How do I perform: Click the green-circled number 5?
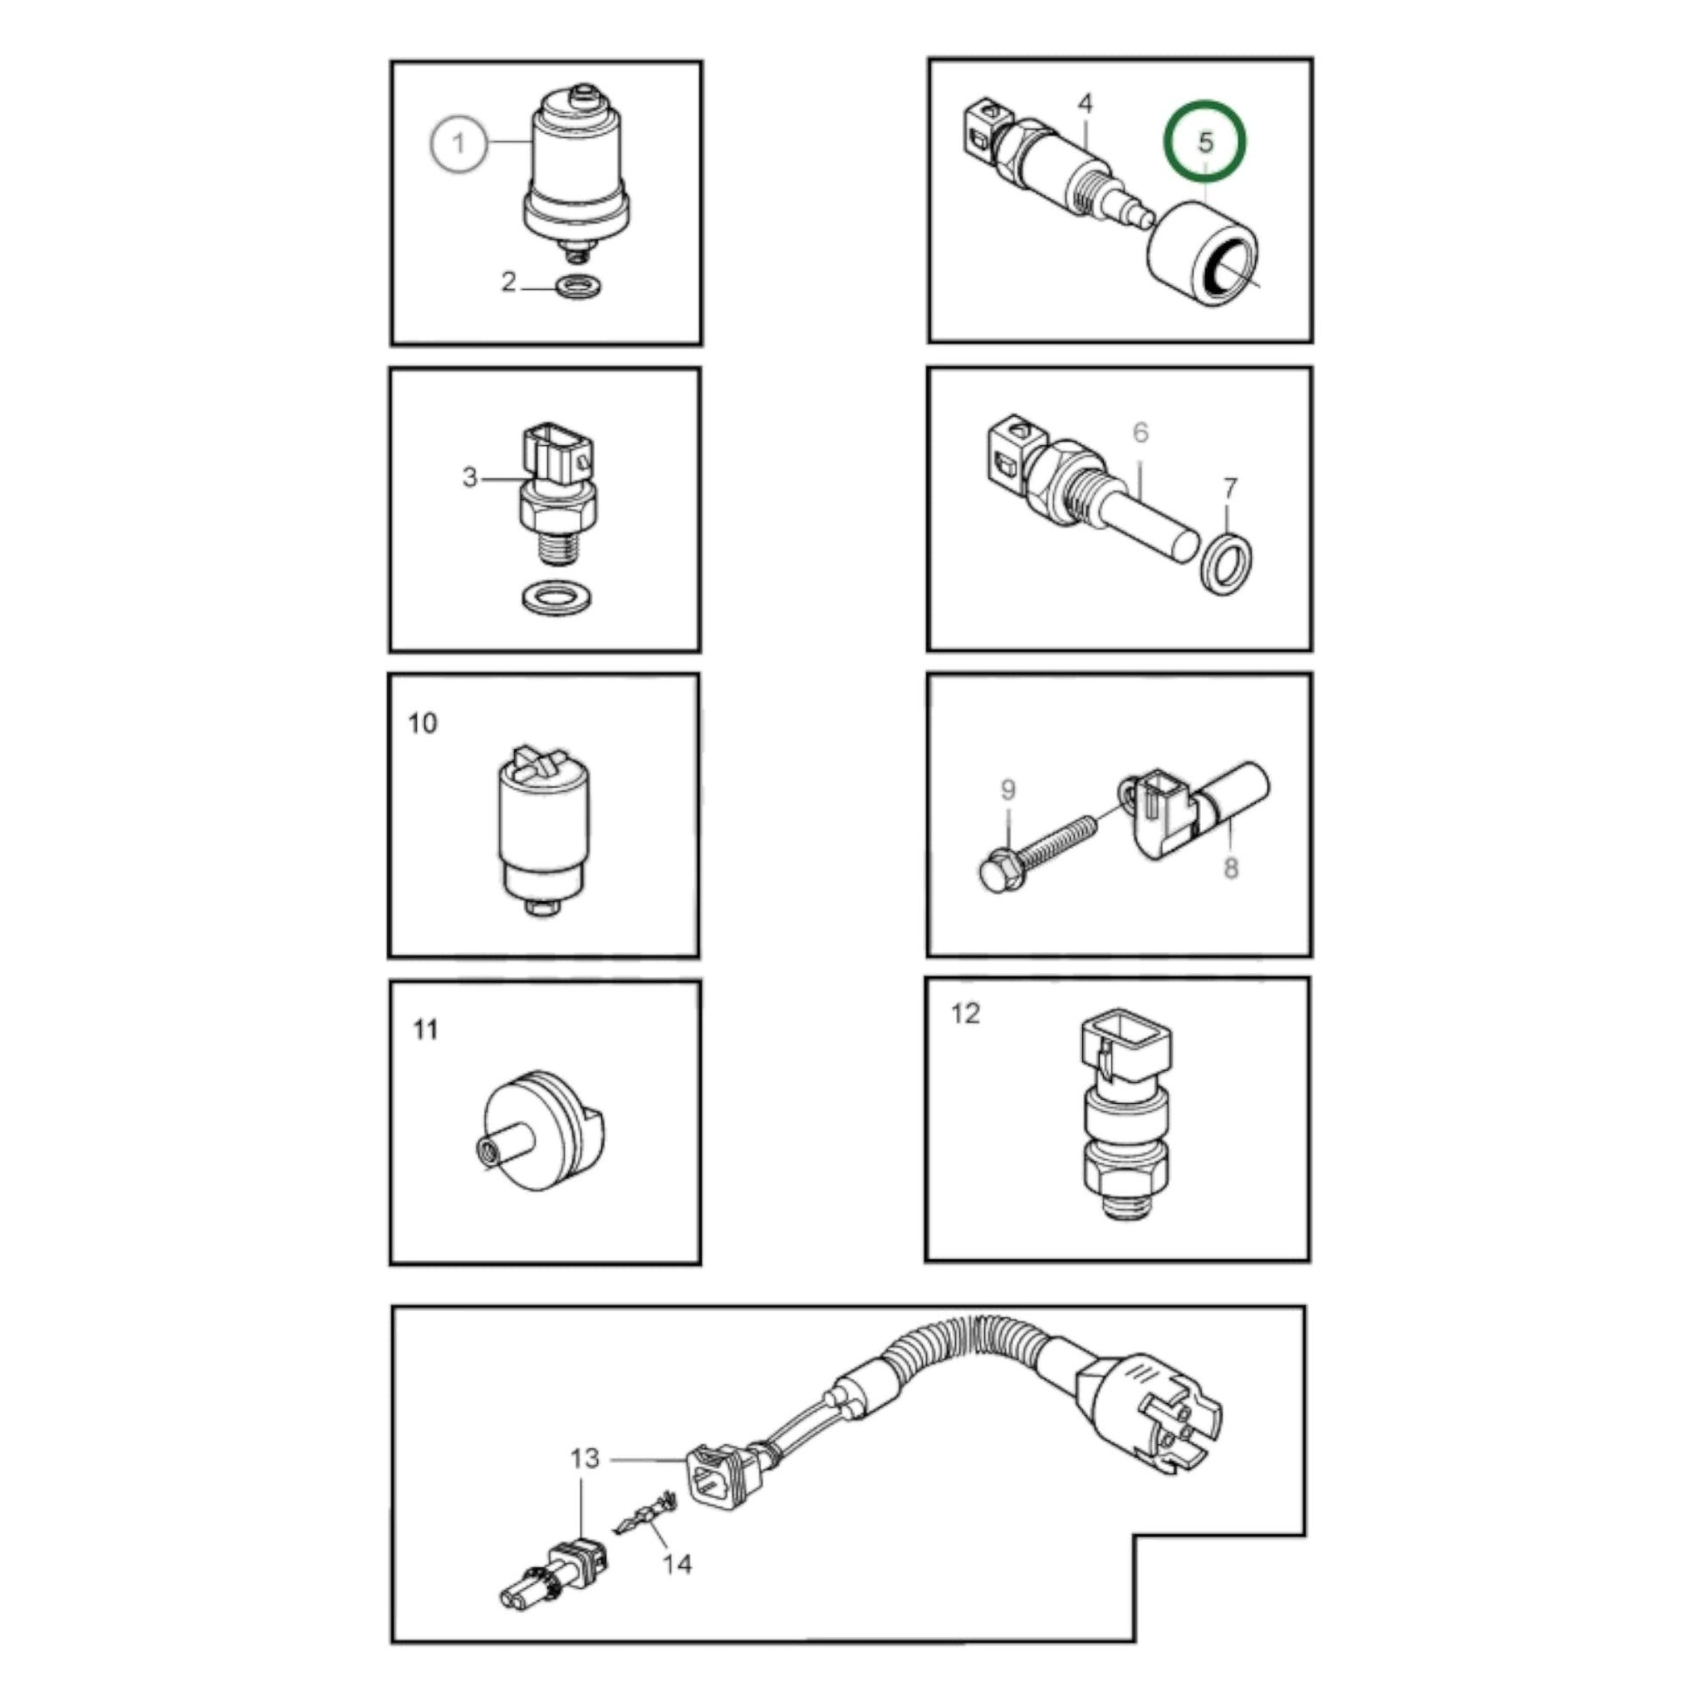1205,141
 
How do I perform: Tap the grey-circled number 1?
458,142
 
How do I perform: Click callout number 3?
470,477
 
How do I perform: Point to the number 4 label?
1086,104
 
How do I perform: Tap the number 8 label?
1231,868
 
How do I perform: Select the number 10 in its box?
422,723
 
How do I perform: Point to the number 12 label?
966,1013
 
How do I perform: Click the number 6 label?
1141,433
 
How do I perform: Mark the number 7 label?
1231,488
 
